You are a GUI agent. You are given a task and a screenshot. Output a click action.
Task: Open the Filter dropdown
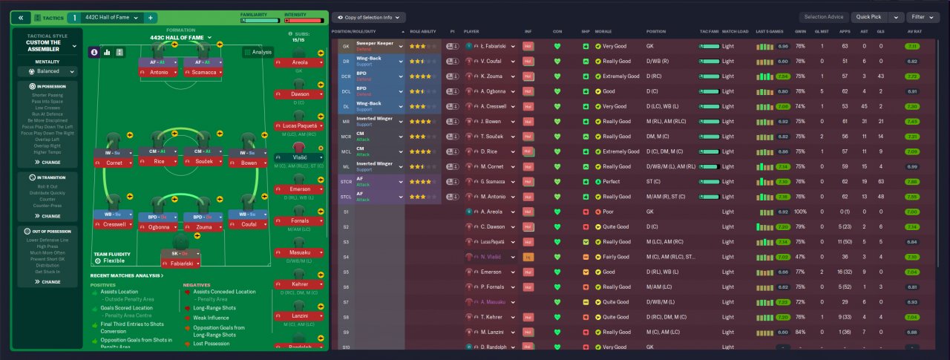(x=923, y=17)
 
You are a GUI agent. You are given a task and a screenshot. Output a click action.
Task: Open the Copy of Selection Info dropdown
(x=369, y=17)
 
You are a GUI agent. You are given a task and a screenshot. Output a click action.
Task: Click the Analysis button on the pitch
(x=258, y=52)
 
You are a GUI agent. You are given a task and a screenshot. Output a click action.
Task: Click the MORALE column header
(x=603, y=32)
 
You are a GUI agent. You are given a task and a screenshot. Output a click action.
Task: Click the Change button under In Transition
(x=51, y=216)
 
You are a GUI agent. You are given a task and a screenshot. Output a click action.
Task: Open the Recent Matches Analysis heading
(x=125, y=275)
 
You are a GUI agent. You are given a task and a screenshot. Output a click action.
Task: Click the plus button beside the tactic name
(x=151, y=17)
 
